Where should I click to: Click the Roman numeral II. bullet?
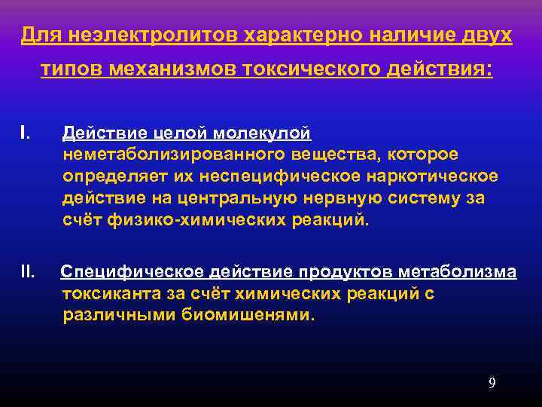pos(29,271)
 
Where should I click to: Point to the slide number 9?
pos(492,383)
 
